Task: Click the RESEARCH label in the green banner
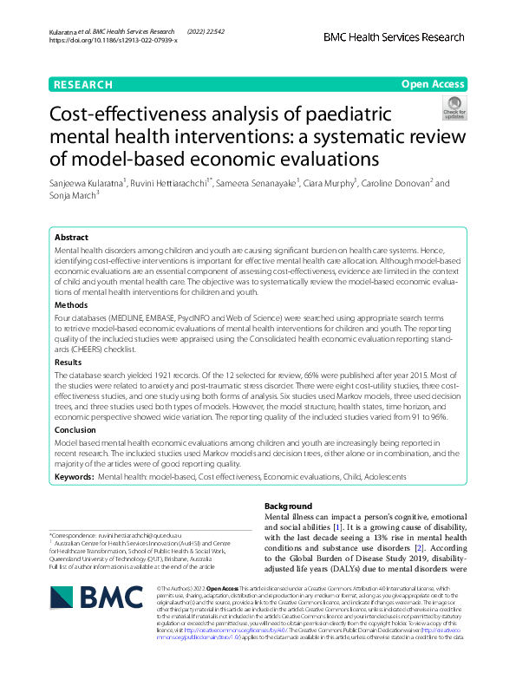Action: pyautogui.click(x=82, y=85)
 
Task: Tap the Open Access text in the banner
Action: pyautogui.click(x=433, y=85)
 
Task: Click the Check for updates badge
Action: pyautogui.click(x=454, y=108)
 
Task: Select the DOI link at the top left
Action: pyautogui.click(x=114, y=41)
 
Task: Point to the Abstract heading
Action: pyautogui.click(x=71, y=237)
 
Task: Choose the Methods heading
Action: pyautogui.click(x=71, y=305)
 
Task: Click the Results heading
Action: pyautogui.click(x=69, y=362)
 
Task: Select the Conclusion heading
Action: pyautogui.click(x=75, y=429)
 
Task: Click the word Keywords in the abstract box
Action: pyautogui.click(x=74, y=477)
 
